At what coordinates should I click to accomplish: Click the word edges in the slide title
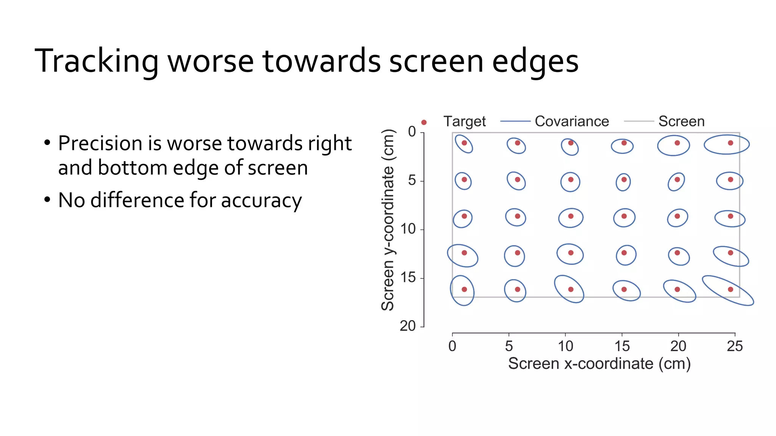click(x=535, y=61)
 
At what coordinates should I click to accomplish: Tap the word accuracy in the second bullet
click(x=261, y=201)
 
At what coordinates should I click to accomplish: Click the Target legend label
click(x=465, y=121)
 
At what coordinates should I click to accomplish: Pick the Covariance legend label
click(x=572, y=121)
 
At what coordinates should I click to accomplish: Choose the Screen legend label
click(x=681, y=121)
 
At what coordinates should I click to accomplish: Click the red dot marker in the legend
click(x=424, y=122)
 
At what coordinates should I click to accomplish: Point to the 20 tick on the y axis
click(x=408, y=326)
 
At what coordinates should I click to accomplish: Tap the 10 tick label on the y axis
click(x=408, y=229)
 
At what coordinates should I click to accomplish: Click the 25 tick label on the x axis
click(x=735, y=346)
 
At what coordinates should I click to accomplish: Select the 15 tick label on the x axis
click(x=622, y=346)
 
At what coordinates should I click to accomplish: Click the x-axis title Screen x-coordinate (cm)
click(x=599, y=364)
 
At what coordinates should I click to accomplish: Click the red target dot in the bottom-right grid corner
click(x=731, y=290)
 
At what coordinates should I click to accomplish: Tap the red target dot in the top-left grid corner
click(x=464, y=143)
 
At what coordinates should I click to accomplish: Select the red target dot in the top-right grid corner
click(x=731, y=143)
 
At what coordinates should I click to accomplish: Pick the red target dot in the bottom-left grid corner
click(x=464, y=290)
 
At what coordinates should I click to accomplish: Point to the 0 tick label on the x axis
click(x=452, y=346)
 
